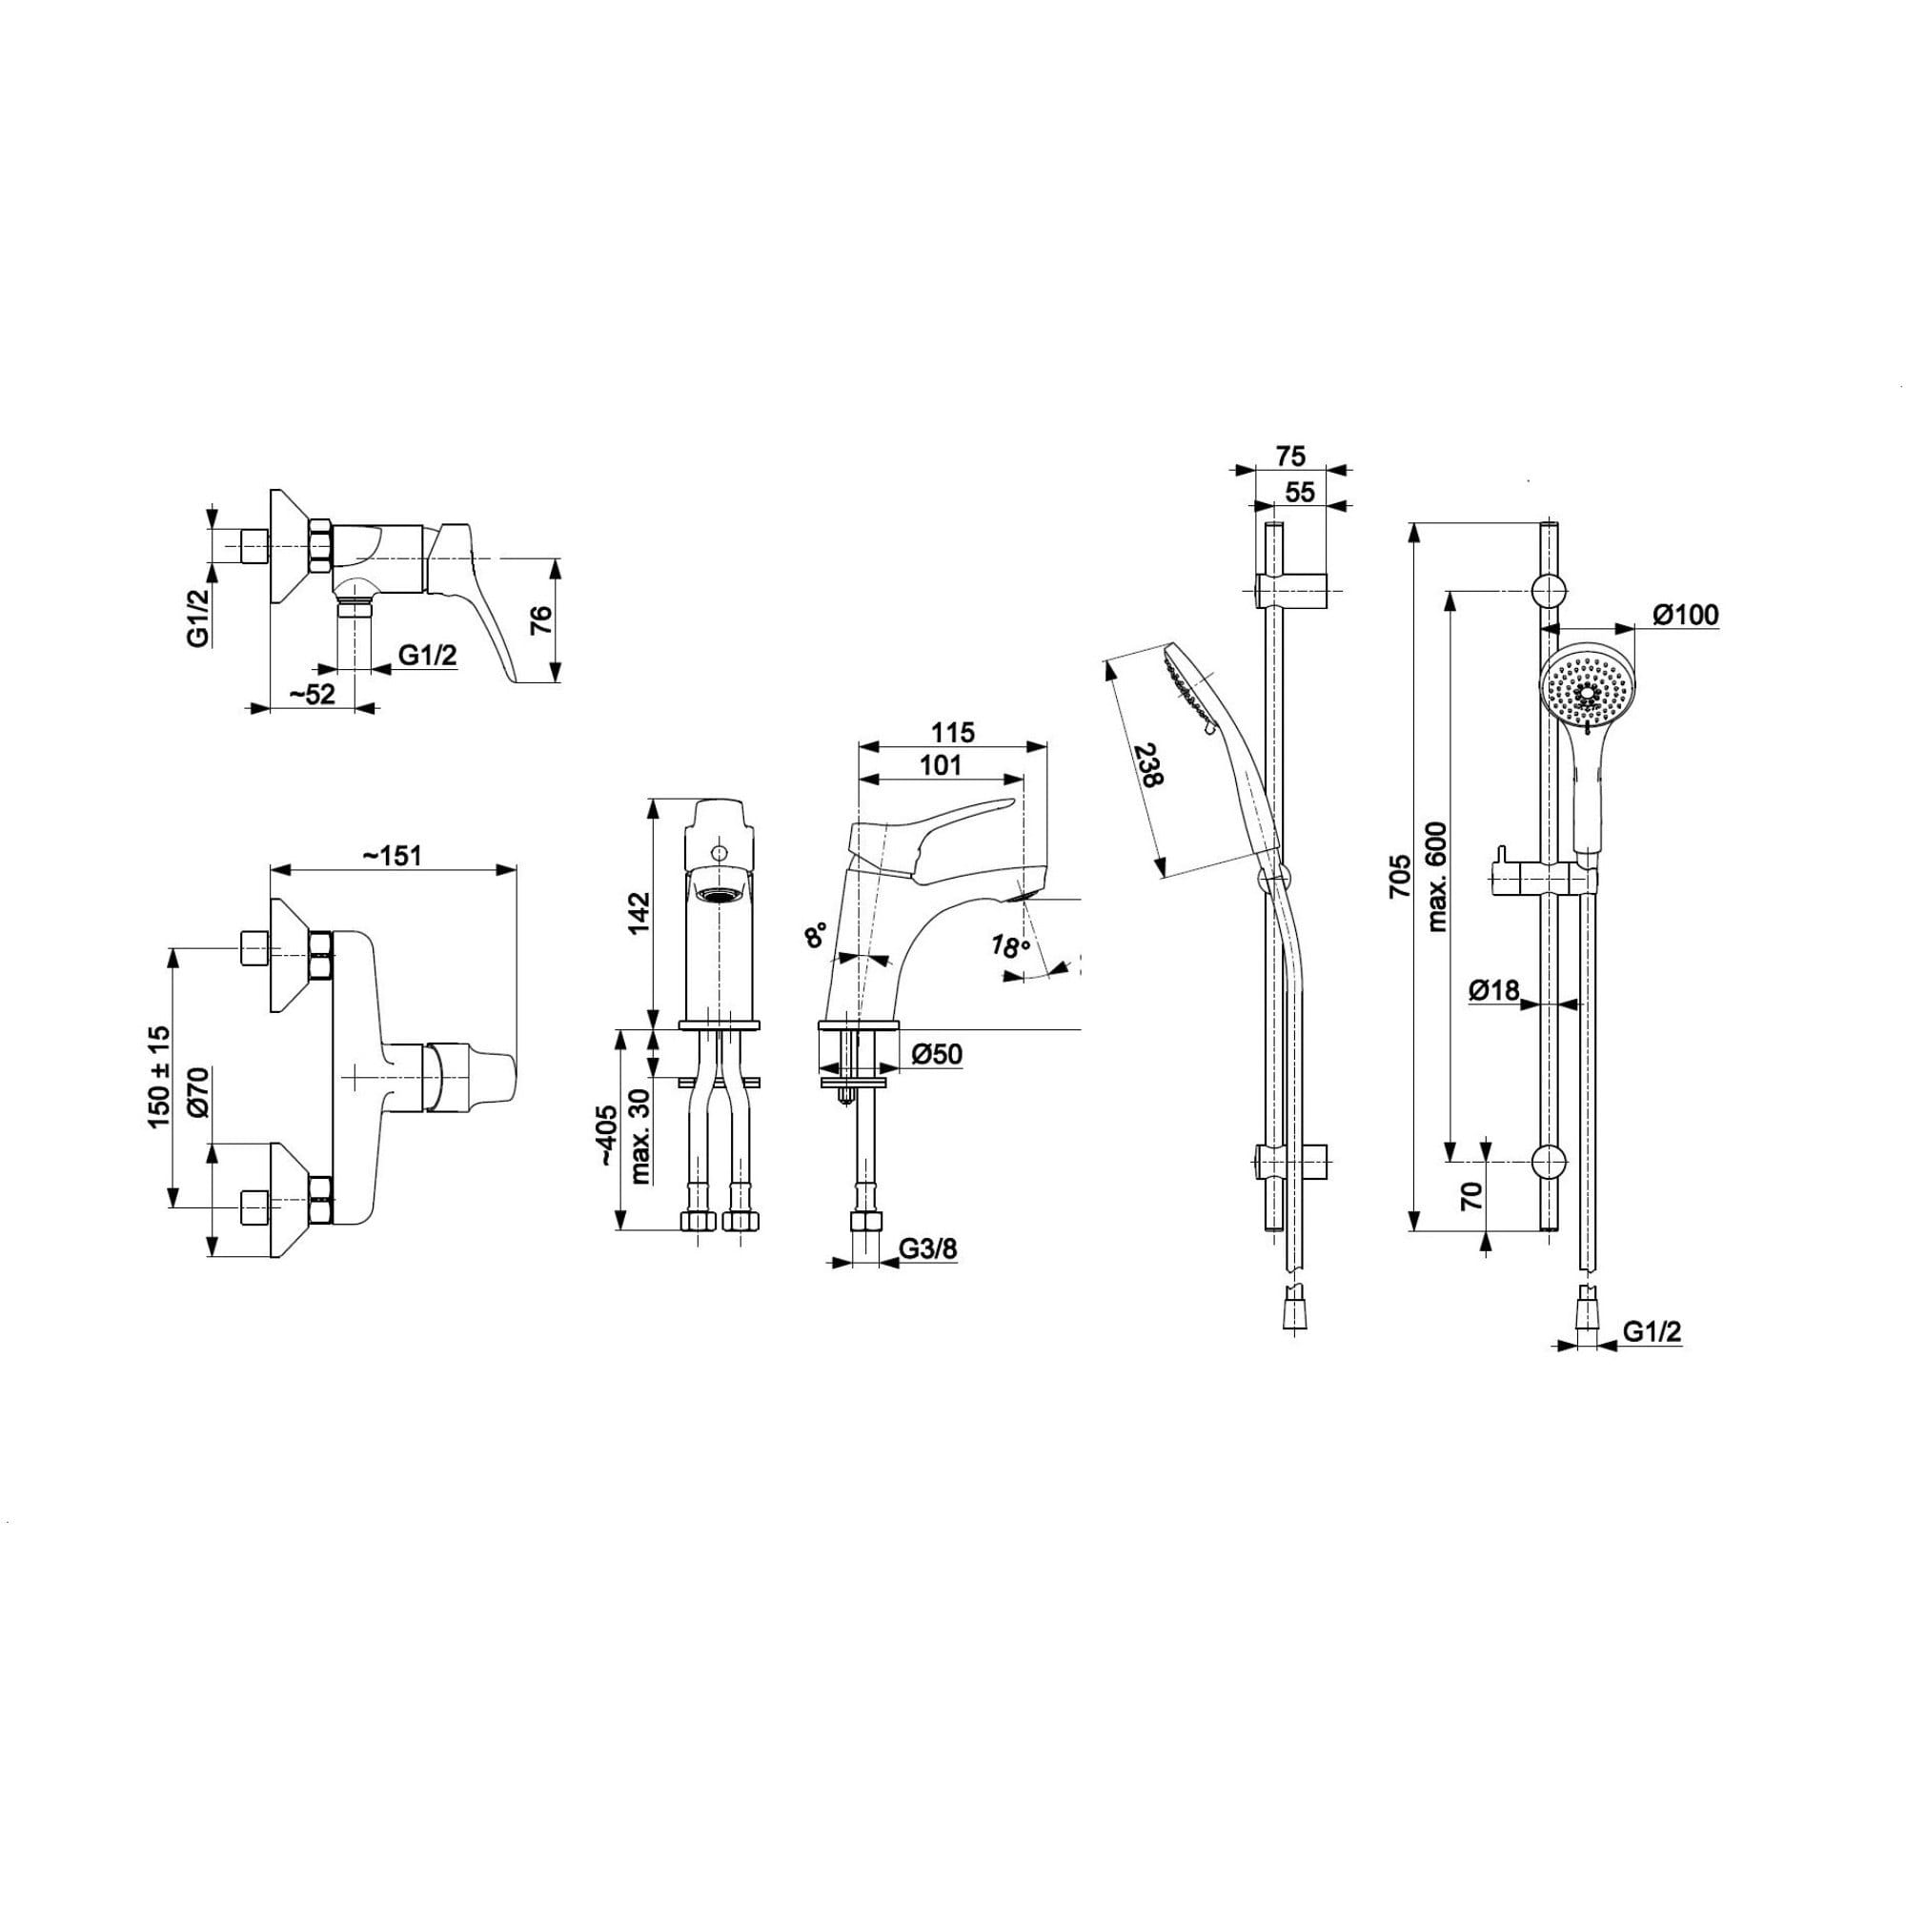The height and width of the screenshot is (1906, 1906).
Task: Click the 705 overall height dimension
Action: click(x=1399, y=875)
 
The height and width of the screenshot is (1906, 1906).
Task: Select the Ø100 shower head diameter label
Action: click(x=1685, y=614)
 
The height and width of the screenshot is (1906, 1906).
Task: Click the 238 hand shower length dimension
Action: click(x=1148, y=764)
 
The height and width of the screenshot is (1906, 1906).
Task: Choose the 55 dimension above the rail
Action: click(x=1300, y=492)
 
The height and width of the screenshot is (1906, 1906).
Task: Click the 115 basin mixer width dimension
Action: click(x=952, y=732)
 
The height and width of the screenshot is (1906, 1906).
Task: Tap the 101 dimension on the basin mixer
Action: click(x=940, y=764)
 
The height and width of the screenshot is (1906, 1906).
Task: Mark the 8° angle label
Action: click(x=816, y=935)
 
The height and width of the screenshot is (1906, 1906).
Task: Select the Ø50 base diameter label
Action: click(x=936, y=1055)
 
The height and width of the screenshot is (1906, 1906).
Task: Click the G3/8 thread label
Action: click(x=927, y=1249)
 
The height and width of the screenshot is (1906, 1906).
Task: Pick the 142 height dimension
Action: click(x=639, y=913)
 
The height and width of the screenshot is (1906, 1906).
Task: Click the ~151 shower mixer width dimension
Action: click(x=392, y=856)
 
